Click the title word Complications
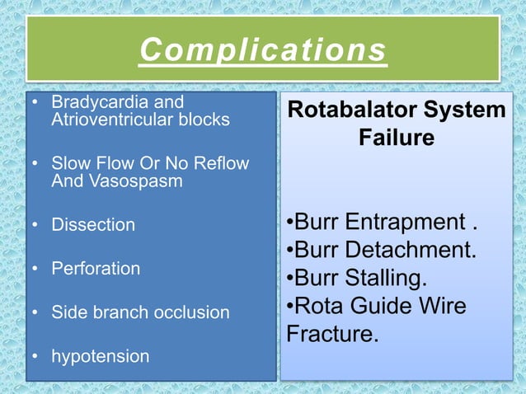pyautogui.click(x=263, y=49)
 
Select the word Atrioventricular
pyautogui.click(x=112, y=120)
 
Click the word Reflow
pyautogui.click(x=222, y=163)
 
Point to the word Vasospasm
pyautogui.click(x=136, y=181)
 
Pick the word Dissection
pyautogui.click(x=93, y=224)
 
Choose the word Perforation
pyautogui.click(x=96, y=269)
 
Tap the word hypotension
pyautogui.click(x=101, y=356)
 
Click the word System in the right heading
pyautogui.click(x=465, y=110)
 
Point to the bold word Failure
pyautogui.click(x=397, y=137)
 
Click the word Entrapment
pyautogui.click(x=406, y=222)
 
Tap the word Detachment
pyautogui.click(x=411, y=250)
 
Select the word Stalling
pyautogui.click(x=386, y=279)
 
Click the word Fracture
pyautogui.click(x=332, y=333)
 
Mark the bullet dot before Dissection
pyautogui.click(x=35, y=224)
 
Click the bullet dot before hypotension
pyautogui.click(x=35, y=356)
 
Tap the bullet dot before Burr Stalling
pyautogui.click(x=290, y=278)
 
